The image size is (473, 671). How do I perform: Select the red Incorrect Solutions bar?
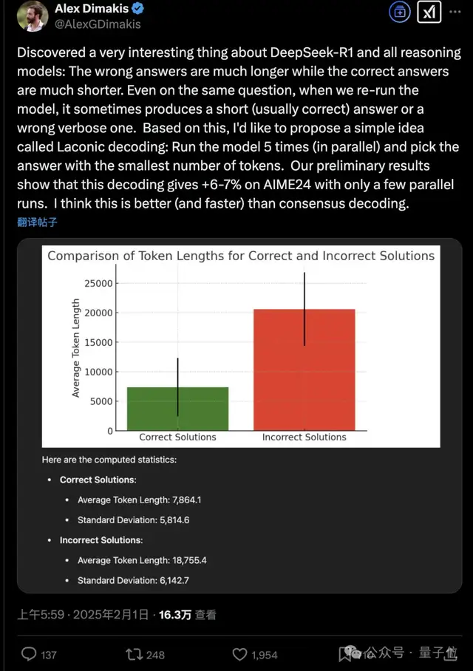[304, 369]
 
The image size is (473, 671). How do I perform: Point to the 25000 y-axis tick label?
[98, 283]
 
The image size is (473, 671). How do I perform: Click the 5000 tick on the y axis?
[101, 401]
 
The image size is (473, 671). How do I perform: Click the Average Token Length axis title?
[76, 348]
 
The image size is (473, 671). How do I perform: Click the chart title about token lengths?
[241, 256]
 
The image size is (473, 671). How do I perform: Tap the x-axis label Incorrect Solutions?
[304, 437]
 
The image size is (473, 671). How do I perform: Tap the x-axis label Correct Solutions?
[177, 437]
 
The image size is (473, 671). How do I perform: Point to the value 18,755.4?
[184, 560]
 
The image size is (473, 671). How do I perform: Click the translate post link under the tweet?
[36, 222]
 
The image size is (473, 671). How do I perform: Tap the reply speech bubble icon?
[30, 654]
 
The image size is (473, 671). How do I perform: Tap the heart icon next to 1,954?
[239, 654]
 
